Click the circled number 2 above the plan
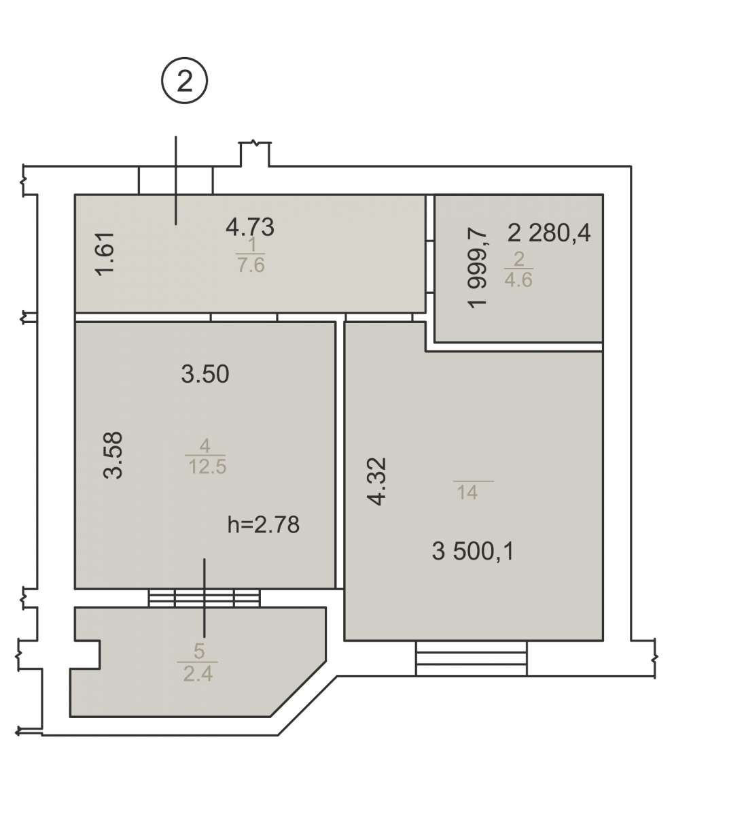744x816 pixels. [x=185, y=80]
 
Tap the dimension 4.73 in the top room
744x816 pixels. [x=250, y=227]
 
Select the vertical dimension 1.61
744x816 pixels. [x=105, y=254]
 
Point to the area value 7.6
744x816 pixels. [x=251, y=265]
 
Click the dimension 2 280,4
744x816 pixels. [x=549, y=233]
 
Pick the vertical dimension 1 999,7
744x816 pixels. [x=477, y=268]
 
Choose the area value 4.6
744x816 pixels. [x=518, y=279]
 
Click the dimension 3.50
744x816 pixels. [x=205, y=374]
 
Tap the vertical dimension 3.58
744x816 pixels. [x=113, y=455]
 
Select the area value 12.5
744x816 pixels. [x=207, y=466]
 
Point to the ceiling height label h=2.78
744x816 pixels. [x=264, y=524]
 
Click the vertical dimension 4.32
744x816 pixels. [x=377, y=481]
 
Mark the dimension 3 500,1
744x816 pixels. [x=473, y=551]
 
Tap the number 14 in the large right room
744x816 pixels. [x=467, y=492]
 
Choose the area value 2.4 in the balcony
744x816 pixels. [x=198, y=674]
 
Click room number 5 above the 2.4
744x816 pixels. [x=199, y=651]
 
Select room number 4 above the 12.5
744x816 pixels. [x=205, y=446]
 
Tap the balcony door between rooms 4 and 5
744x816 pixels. [x=204, y=598]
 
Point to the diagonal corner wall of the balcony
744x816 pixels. [x=298, y=689]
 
